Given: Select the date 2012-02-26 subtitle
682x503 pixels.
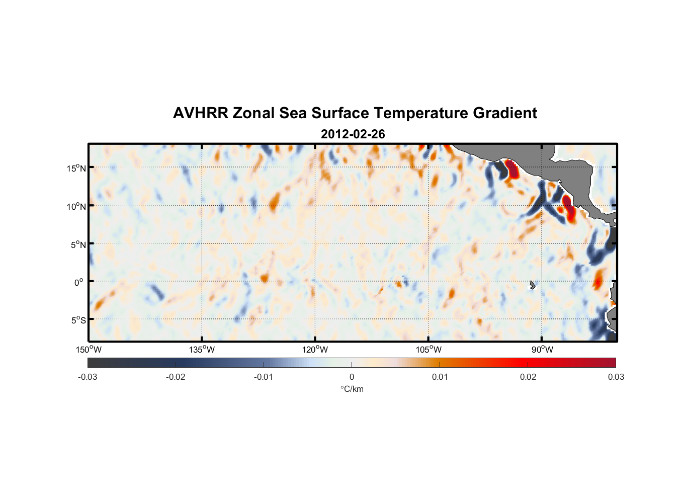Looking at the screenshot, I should (353, 134).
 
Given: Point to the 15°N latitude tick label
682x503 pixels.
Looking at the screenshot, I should (76, 168).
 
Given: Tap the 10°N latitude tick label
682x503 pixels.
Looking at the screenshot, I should (76, 206).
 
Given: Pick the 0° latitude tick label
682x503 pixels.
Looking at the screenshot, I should (79, 282).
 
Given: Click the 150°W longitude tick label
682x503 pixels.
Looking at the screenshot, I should (89, 350).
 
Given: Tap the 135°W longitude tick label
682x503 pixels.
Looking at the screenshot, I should (202, 350).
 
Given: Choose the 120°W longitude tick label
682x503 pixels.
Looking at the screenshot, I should (315, 350).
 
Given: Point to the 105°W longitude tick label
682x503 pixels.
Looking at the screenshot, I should (429, 350).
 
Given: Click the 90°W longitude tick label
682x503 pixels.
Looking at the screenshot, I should (542, 350).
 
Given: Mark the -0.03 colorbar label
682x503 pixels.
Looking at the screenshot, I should (88, 377).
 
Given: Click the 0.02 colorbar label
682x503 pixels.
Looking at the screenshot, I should (528, 377).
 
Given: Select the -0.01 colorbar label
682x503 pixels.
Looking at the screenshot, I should (264, 377).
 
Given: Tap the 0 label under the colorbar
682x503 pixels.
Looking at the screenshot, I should (352, 377).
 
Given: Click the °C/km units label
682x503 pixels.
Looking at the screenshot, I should (352, 389).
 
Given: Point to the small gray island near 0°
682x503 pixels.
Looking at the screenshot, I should (532, 285).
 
